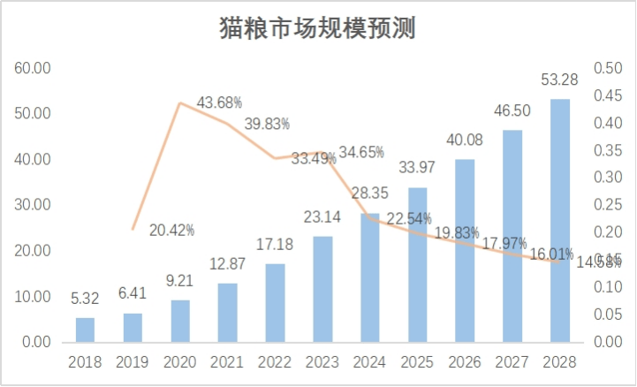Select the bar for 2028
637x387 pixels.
[x=560, y=220]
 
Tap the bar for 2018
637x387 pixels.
[x=85, y=330]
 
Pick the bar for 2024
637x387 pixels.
[x=370, y=277]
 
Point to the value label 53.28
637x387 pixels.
[x=560, y=81]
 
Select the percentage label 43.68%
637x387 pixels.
[x=219, y=102]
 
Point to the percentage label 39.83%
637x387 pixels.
[x=267, y=123]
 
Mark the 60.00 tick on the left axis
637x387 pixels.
[x=32, y=68]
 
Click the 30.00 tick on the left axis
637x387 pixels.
[x=32, y=205]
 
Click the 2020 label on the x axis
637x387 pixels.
[x=180, y=362]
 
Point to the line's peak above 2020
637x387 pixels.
[x=180, y=103]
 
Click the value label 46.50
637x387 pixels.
[x=512, y=112]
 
